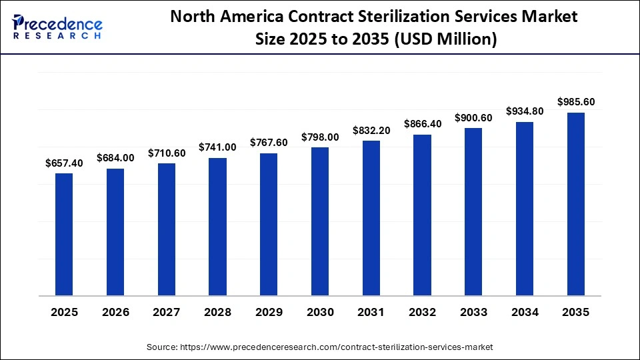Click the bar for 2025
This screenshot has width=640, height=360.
pyautogui.click(x=64, y=234)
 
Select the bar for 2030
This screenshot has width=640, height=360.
pyautogui.click(x=320, y=221)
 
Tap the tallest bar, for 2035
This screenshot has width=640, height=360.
pyautogui.click(x=575, y=204)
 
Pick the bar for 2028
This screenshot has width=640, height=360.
pyautogui.click(x=217, y=227)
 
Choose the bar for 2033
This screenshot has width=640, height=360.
pyautogui.click(x=473, y=211)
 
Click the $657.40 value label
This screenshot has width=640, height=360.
pyautogui.click(x=64, y=163)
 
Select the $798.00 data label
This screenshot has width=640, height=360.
pyautogui.click(x=320, y=137)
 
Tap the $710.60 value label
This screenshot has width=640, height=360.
pyautogui.click(x=167, y=153)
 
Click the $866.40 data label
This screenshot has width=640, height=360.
pyautogui.click(x=422, y=124)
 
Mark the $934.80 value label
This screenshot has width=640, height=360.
pyautogui.click(x=525, y=111)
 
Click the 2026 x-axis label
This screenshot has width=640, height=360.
pyautogui.click(x=115, y=312)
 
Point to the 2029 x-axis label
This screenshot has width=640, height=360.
pyautogui.click(x=269, y=312)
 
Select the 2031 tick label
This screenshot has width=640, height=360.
pyautogui.click(x=371, y=312)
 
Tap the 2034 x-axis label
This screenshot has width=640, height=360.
pyautogui.click(x=525, y=312)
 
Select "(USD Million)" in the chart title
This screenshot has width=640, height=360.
pyautogui.click(x=447, y=40)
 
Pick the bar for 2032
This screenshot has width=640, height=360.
pyautogui.click(x=422, y=215)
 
